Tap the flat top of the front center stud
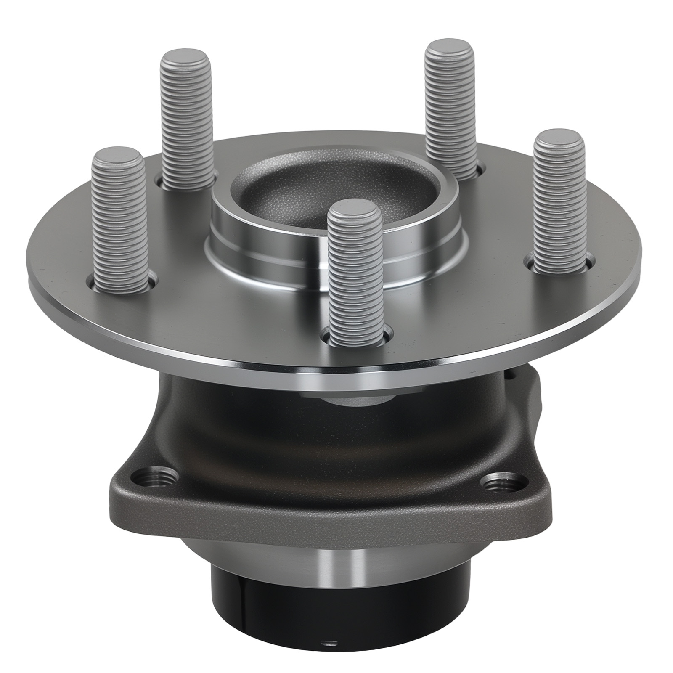(x=354, y=210)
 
